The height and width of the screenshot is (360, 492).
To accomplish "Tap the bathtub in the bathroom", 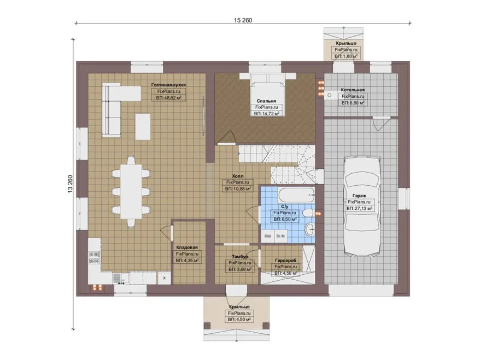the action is pos(296,195).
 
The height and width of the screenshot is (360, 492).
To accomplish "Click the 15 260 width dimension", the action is pos(243,20).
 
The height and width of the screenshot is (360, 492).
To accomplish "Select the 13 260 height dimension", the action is pos(70,184).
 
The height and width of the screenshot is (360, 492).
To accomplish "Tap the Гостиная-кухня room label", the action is pos(168,85).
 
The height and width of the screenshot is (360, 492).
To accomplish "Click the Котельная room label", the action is pos(353,90).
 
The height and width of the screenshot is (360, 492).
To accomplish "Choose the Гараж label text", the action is pos(359,196).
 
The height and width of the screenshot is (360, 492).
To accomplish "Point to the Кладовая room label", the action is pos(187,247).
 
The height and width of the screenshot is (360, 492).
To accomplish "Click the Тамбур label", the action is pos(240,257).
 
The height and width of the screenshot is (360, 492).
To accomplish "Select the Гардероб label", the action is pos(285,260).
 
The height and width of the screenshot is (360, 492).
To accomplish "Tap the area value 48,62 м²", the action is pos(169,98).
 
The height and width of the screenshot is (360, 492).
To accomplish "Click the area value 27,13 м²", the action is pos(360,208).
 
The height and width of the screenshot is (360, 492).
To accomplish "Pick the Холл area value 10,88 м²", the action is pos(238,189).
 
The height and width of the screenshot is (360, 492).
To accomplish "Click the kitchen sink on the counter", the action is pos(120,278).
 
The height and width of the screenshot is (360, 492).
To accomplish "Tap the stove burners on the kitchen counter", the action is pos(95,258).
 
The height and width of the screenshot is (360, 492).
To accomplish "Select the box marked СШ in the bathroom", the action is pos(268,236).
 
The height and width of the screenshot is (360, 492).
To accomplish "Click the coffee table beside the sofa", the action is pos(143,127).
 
